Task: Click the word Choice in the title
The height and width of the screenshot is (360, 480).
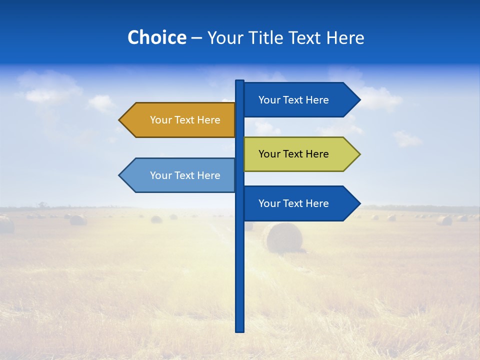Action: [156, 37]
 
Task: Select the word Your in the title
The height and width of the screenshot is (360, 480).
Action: [225, 38]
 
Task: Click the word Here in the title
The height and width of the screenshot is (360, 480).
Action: [345, 37]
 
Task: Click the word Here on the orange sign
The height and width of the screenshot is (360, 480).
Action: [208, 120]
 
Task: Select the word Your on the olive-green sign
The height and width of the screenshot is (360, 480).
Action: [269, 154]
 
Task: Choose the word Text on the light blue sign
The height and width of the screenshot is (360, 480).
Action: [184, 175]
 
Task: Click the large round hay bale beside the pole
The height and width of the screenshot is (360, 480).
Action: [283, 237]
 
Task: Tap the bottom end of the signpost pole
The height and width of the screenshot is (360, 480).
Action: [239, 330]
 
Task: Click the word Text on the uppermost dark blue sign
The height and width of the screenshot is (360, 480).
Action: [293, 100]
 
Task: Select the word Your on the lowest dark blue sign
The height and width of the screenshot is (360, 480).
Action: [269, 203]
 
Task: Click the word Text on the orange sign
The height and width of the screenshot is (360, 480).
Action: [184, 120]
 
